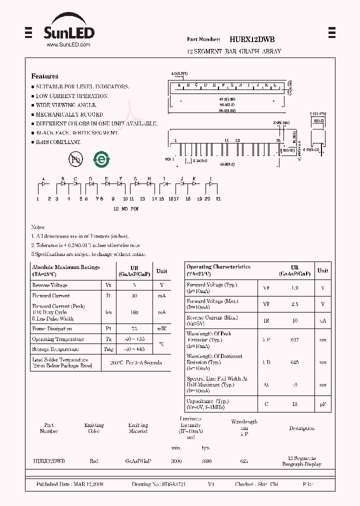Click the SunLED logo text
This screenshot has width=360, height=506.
(x=68, y=33)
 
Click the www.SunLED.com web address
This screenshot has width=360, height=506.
(x=68, y=45)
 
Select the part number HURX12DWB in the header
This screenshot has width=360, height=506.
(x=252, y=39)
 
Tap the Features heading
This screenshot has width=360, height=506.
(x=44, y=76)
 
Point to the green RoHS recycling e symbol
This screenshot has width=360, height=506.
(x=101, y=159)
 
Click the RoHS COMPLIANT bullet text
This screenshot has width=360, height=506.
(x=58, y=142)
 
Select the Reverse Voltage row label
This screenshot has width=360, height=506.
(x=50, y=285)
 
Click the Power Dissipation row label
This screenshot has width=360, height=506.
(x=52, y=329)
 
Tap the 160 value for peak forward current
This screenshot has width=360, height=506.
(x=134, y=312)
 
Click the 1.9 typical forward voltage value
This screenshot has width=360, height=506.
(x=294, y=288)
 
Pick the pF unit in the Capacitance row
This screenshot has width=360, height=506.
(x=323, y=403)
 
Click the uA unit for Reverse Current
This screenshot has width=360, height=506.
(x=323, y=320)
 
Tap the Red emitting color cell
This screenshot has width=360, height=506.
(x=94, y=461)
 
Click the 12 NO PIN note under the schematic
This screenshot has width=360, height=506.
(x=126, y=208)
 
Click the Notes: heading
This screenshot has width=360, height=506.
(x=38, y=227)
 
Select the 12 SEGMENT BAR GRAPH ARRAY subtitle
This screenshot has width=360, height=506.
(x=234, y=51)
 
